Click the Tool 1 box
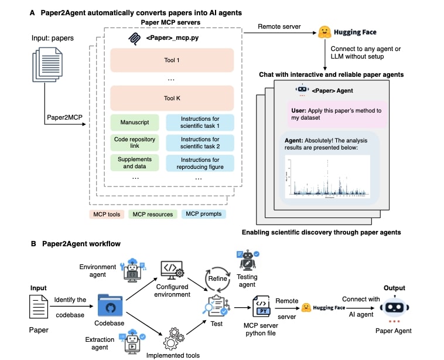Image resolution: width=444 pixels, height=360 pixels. pos(172,60)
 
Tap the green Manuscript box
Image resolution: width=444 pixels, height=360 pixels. pos(135,123)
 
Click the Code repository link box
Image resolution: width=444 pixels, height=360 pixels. pos(135,142)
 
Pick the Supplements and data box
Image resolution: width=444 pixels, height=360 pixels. pos(135,162)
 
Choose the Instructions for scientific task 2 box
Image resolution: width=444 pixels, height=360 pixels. pos(200,142)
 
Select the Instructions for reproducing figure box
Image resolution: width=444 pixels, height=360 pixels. pos(200,162)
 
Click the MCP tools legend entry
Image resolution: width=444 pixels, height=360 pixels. pos(105,214)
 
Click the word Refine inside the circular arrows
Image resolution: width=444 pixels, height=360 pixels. pos(217,279)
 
